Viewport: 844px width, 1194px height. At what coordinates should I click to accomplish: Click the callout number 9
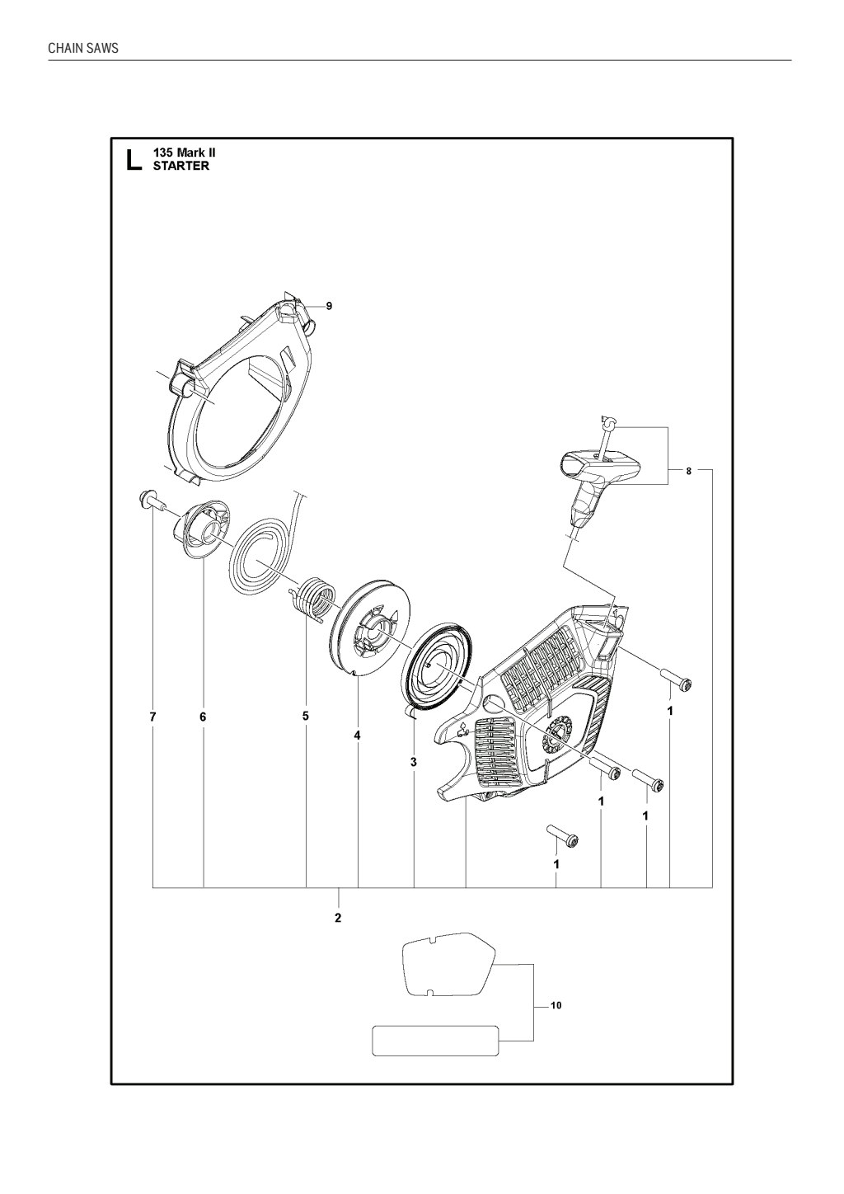tap(329, 306)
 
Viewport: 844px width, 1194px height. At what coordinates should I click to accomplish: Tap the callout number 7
tap(153, 717)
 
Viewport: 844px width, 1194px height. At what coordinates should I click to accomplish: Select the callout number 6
tap(203, 717)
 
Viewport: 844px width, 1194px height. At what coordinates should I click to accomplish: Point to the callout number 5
tap(305, 716)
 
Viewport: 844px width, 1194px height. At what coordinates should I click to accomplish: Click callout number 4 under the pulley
tap(357, 736)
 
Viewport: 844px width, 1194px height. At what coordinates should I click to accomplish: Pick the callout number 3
tap(414, 762)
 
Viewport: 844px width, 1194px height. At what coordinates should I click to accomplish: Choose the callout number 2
tap(338, 918)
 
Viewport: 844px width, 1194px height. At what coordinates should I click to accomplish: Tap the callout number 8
tap(688, 471)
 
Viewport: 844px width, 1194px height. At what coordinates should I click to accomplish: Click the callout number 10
tap(556, 1006)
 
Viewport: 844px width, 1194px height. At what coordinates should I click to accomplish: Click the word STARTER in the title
tap(181, 166)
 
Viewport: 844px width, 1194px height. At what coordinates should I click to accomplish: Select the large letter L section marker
tap(134, 160)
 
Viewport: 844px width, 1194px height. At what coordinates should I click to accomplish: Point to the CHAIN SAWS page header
tap(83, 48)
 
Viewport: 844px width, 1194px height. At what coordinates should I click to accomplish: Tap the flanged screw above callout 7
tap(151, 500)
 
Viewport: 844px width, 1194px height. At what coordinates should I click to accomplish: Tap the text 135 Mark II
tap(185, 153)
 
